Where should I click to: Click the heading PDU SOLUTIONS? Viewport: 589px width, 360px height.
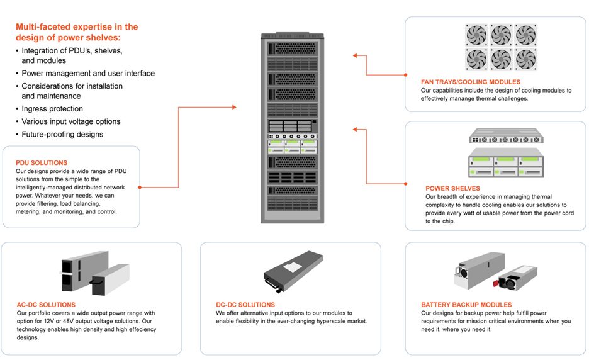(x=42, y=162)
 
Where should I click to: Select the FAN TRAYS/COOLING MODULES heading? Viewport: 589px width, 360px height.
(x=471, y=82)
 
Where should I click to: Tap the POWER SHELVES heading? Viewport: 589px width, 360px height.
(x=452, y=188)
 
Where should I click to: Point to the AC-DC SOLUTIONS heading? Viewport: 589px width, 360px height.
(x=47, y=305)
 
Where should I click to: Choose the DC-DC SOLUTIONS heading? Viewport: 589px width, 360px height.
(x=245, y=305)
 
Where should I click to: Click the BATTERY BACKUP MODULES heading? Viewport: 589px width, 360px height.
(x=466, y=305)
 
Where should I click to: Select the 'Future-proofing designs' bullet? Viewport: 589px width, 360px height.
(x=62, y=134)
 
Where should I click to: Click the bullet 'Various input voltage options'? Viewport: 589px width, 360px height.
(x=71, y=121)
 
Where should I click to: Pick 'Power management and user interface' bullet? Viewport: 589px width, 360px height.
(x=88, y=73)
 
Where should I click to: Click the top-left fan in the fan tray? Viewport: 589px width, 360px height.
(x=476, y=35)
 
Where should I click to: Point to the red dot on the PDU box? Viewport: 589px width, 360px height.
(x=140, y=187)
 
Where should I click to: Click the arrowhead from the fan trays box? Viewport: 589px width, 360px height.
(x=356, y=56)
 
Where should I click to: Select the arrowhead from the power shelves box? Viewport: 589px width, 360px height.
(x=356, y=130)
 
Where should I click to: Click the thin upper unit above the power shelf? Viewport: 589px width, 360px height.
(x=505, y=136)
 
